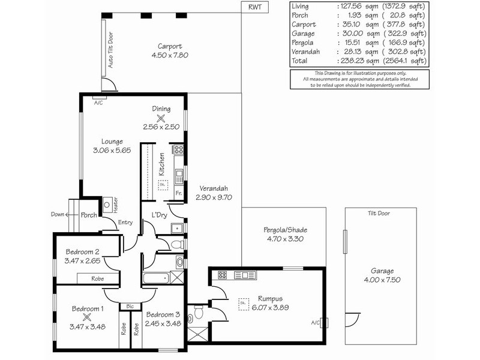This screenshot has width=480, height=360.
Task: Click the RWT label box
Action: click(255, 7)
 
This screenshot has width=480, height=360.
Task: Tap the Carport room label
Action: click(169, 46)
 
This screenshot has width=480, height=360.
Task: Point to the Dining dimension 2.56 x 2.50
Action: click(161, 127)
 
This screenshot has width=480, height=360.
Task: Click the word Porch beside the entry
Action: click(89, 215)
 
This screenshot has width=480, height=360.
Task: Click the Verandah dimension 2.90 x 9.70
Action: click(214, 197)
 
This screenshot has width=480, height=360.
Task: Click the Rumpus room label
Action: click(270, 299)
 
